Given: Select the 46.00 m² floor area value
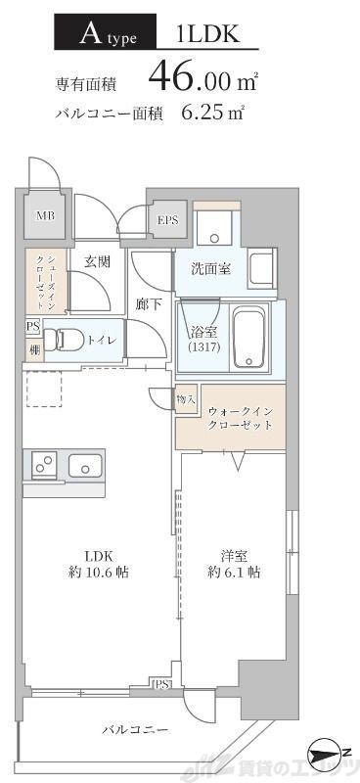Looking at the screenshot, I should (x=203, y=74).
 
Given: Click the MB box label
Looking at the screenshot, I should (x=46, y=216).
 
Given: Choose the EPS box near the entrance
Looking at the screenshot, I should (x=167, y=220).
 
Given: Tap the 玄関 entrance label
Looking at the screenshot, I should (x=96, y=261).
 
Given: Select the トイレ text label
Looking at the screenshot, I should (x=102, y=340).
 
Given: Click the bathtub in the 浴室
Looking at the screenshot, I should (x=253, y=338).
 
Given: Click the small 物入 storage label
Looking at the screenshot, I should (x=186, y=399).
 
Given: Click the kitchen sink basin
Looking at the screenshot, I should (x=86, y=466).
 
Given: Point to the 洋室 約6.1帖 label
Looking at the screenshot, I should (x=233, y=565).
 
